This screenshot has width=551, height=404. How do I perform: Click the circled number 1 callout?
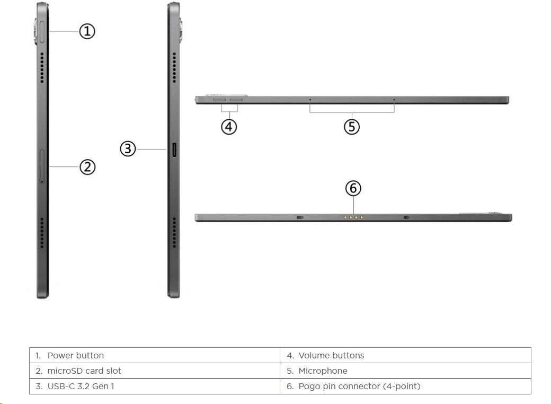tap(87, 31)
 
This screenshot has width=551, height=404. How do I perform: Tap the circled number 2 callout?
tap(87, 166)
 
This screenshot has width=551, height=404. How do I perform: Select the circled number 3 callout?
tap(128, 149)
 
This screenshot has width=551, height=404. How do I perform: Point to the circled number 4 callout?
tap(229, 127)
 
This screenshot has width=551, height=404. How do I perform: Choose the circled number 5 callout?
tap(352, 127)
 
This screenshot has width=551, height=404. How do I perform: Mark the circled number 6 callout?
tap(353, 188)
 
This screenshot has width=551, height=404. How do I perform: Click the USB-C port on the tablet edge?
tap(174, 150)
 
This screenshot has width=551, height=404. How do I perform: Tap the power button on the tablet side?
tap(42, 32)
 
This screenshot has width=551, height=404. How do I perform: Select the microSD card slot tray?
tap(42, 166)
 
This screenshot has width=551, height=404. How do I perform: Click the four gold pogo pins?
tap(353, 218)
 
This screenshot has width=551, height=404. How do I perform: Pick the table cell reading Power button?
tap(155, 355)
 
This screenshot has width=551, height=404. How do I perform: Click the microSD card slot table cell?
tap(155, 371)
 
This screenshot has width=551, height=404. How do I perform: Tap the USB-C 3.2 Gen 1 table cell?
tap(155, 386)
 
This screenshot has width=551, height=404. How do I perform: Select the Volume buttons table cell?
tap(405, 355)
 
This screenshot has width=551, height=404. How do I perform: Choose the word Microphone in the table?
tap(323, 371)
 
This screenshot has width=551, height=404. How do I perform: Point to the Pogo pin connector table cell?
tap(405, 386)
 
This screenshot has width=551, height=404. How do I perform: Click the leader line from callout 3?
tap(151, 149)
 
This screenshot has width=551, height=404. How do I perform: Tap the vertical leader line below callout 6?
tap(353, 205)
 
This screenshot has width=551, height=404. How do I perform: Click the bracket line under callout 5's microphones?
tap(352, 112)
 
